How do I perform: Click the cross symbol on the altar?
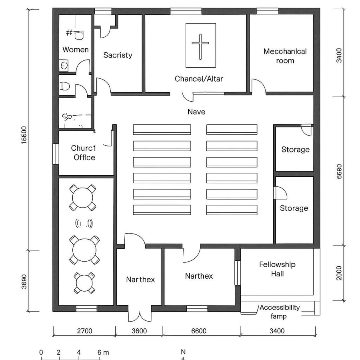[200, 44]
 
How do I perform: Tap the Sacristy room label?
[118, 55]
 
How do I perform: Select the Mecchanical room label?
[285, 56]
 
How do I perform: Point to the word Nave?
[196, 112]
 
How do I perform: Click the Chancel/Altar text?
[199, 79]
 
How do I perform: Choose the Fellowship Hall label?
[277, 269]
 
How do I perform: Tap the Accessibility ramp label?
[279, 312]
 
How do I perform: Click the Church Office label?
[84, 153]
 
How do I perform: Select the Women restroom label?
[76, 50]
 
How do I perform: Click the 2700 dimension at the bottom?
[84, 331]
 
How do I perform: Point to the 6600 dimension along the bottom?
[199, 331]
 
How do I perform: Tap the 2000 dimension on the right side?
[339, 273]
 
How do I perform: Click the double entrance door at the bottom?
[140, 314]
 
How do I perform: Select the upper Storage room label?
[295, 150]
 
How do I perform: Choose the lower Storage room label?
[294, 208]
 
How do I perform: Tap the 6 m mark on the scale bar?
[100, 352]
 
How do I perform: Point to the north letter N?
[183, 352]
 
